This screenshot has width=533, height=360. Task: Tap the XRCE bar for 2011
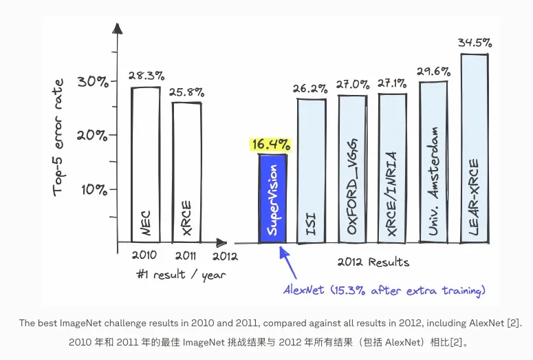tap(186, 172)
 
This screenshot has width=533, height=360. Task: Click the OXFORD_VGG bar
tap(352, 169)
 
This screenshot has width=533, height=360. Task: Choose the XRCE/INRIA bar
tap(392, 169)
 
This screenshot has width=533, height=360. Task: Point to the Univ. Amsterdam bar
tap(433, 162)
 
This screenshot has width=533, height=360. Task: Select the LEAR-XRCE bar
tap(475, 148)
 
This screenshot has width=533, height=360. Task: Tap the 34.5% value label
tap(475, 43)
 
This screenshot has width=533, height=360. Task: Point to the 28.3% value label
tap(145, 75)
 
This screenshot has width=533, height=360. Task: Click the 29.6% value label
tap(433, 70)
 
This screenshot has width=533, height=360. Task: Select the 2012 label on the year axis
tap(224, 256)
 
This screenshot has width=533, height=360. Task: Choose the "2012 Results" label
tap(373, 262)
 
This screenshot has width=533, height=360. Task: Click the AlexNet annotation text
tap(384, 290)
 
